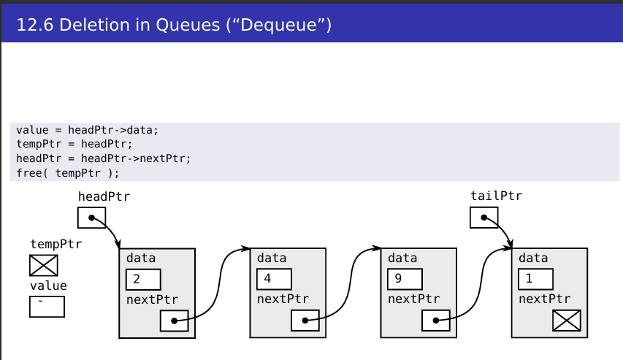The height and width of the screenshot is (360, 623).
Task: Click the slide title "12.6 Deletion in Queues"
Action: (x=174, y=26)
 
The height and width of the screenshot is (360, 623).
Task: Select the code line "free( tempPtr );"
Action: (x=67, y=173)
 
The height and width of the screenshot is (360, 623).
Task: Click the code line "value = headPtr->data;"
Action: (x=87, y=130)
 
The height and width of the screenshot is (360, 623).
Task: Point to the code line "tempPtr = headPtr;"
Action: (x=74, y=144)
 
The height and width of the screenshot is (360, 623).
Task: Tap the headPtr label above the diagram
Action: (x=104, y=196)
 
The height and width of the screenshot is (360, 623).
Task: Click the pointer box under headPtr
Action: (x=91, y=218)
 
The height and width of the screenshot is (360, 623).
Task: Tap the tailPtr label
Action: (x=496, y=196)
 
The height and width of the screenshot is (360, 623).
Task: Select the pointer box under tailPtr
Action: (x=484, y=218)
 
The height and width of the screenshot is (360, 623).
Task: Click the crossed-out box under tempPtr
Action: (x=44, y=265)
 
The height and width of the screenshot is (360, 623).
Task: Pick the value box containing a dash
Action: (x=47, y=307)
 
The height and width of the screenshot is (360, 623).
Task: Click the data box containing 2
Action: (x=143, y=280)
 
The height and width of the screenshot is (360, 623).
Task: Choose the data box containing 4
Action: (x=274, y=280)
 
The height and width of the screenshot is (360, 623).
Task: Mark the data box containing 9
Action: (x=405, y=280)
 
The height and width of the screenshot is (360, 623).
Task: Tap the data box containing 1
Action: (x=535, y=280)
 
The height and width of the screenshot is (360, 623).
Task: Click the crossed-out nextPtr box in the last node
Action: (x=567, y=320)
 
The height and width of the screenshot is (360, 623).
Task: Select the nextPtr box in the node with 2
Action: (x=174, y=321)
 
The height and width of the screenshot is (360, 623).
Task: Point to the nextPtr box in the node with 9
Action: (x=435, y=321)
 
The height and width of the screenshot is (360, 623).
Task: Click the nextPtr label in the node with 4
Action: (x=283, y=299)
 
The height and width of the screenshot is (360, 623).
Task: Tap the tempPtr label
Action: (x=56, y=244)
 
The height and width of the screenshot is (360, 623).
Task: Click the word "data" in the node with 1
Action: (x=533, y=258)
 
